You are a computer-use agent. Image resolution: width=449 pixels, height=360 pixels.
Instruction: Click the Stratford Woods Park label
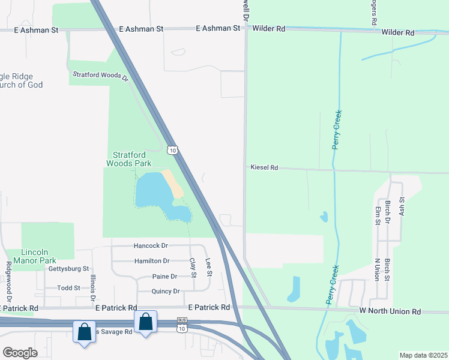(128, 158)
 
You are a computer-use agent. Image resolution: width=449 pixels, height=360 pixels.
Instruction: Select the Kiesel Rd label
(264, 168)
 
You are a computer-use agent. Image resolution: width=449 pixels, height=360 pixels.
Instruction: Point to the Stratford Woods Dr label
(101, 76)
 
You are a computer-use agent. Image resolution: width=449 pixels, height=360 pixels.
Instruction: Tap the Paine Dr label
(165, 277)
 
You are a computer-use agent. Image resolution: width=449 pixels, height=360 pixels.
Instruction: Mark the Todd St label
(68, 288)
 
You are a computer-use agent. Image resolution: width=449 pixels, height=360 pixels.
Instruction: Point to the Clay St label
(193, 268)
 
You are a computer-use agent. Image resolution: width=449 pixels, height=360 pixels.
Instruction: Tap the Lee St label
(208, 267)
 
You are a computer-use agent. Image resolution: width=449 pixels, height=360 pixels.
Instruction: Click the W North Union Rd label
(390, 311)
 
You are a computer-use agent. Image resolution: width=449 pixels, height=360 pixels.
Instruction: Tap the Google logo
(20, 352)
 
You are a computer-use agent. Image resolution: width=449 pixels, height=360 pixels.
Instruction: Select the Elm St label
(378, 215)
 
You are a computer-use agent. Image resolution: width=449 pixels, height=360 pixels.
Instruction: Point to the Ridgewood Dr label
(9, 281)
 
